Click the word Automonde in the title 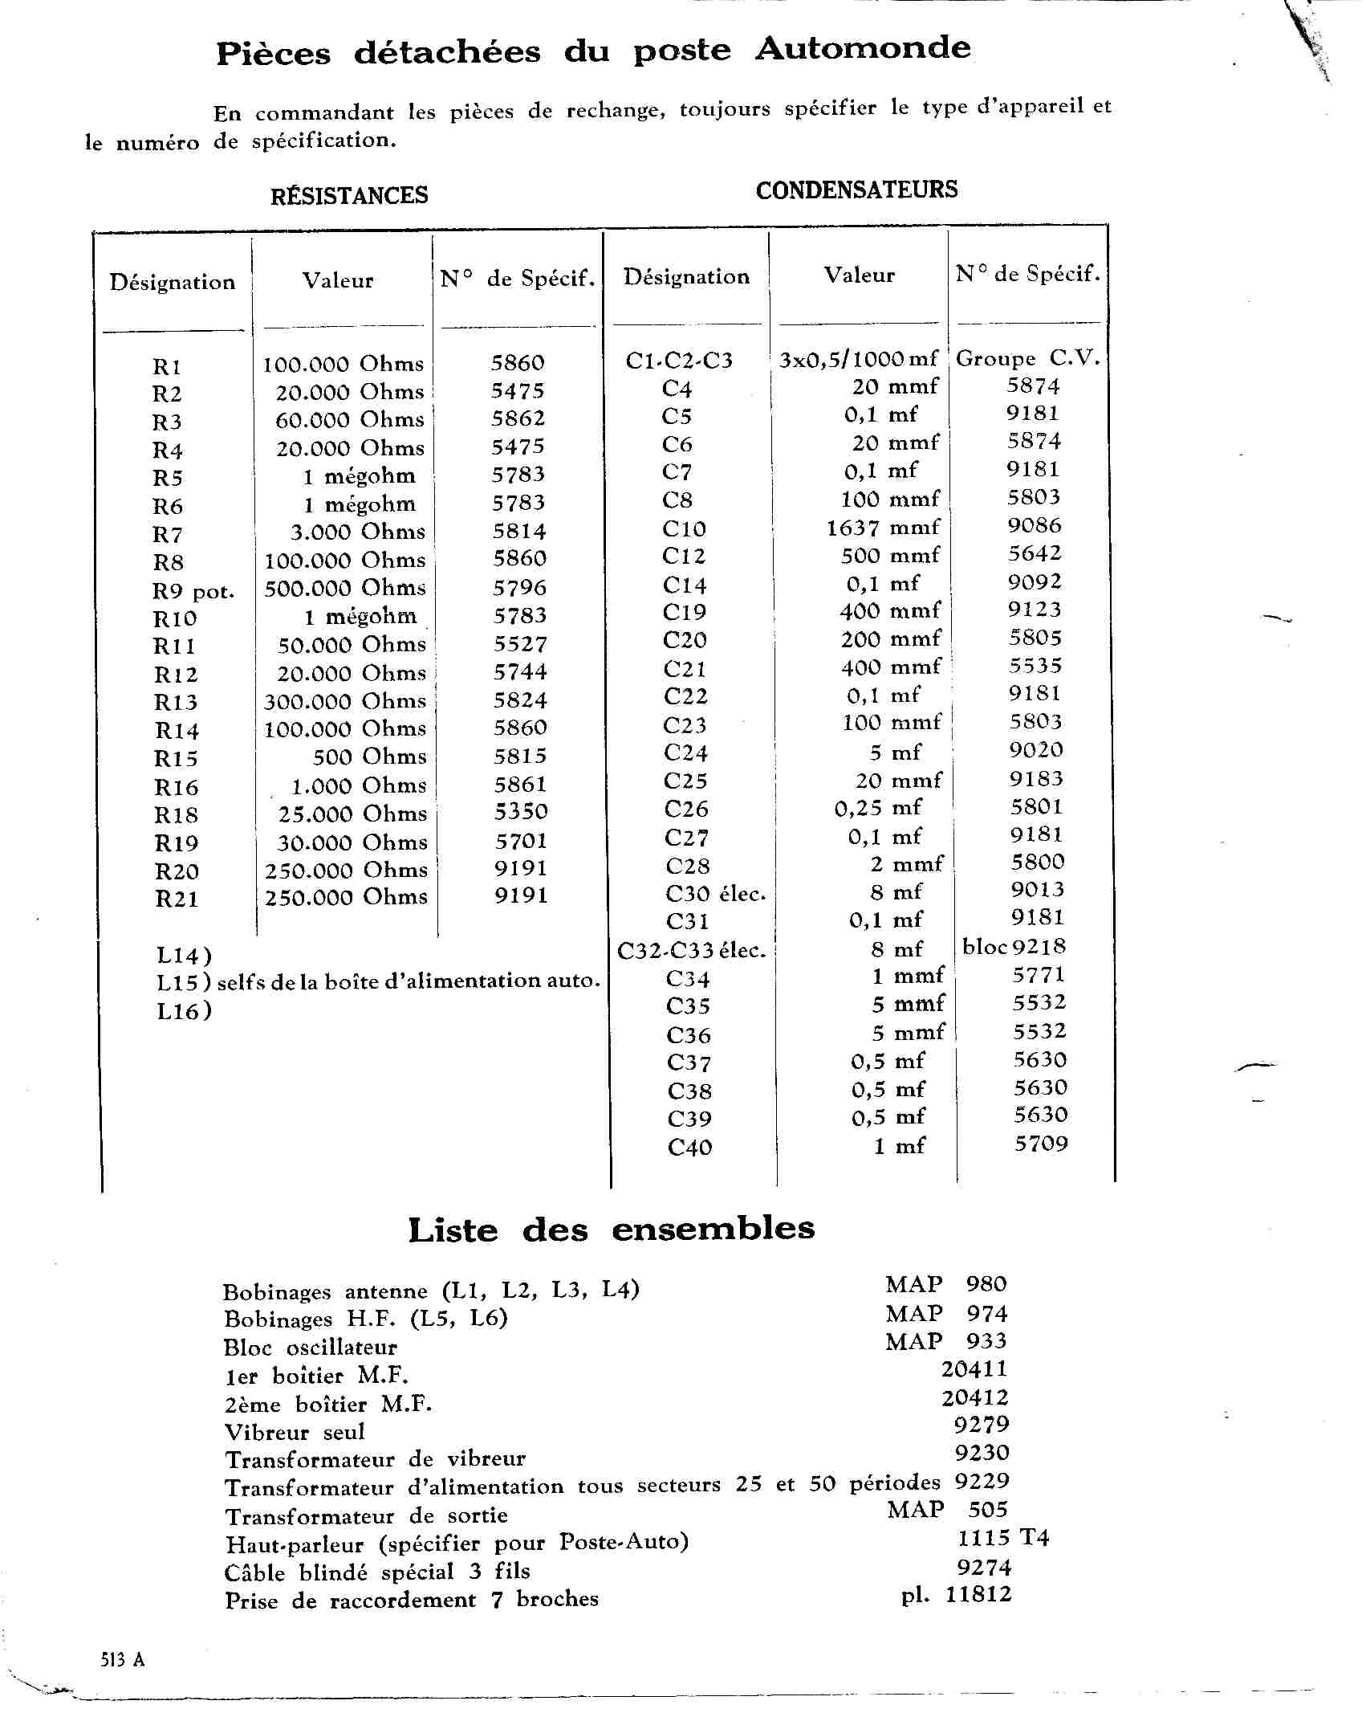point(863,48)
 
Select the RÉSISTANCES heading point(349,195)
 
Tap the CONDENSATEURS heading point(856,190)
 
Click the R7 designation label point(168,534)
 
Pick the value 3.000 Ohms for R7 point(357,532)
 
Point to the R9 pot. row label point(193,592)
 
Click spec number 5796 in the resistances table point(519,588)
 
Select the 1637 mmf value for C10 point(883,528)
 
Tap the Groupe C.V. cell point(1027,358)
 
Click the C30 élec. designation point(716,893)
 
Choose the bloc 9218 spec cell point(1014,947)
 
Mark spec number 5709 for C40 point(1041,1144)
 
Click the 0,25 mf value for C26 point(878,808)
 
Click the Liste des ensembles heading point(611,1230)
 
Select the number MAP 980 point(945,1284)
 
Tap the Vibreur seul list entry point(295,1432)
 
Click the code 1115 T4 point(1003,1538)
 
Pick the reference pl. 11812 point(956,1595)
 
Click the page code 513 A point(123,1660)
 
